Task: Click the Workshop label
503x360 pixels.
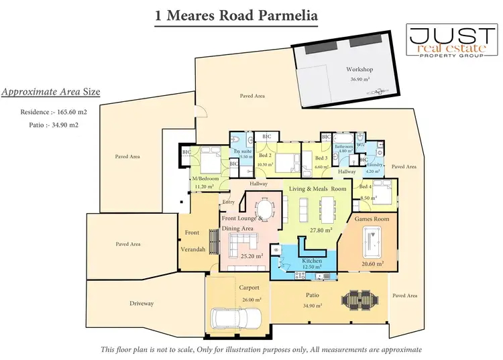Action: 359,69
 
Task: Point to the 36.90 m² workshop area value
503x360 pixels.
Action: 360,79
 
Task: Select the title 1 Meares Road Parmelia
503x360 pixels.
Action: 225,14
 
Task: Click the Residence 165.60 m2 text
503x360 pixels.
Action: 54,113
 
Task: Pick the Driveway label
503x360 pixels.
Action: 142,304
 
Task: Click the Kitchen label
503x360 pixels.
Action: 312,261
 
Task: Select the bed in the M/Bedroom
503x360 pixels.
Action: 209,163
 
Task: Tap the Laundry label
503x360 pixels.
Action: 374,165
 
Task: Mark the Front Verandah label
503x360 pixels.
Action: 192,241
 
